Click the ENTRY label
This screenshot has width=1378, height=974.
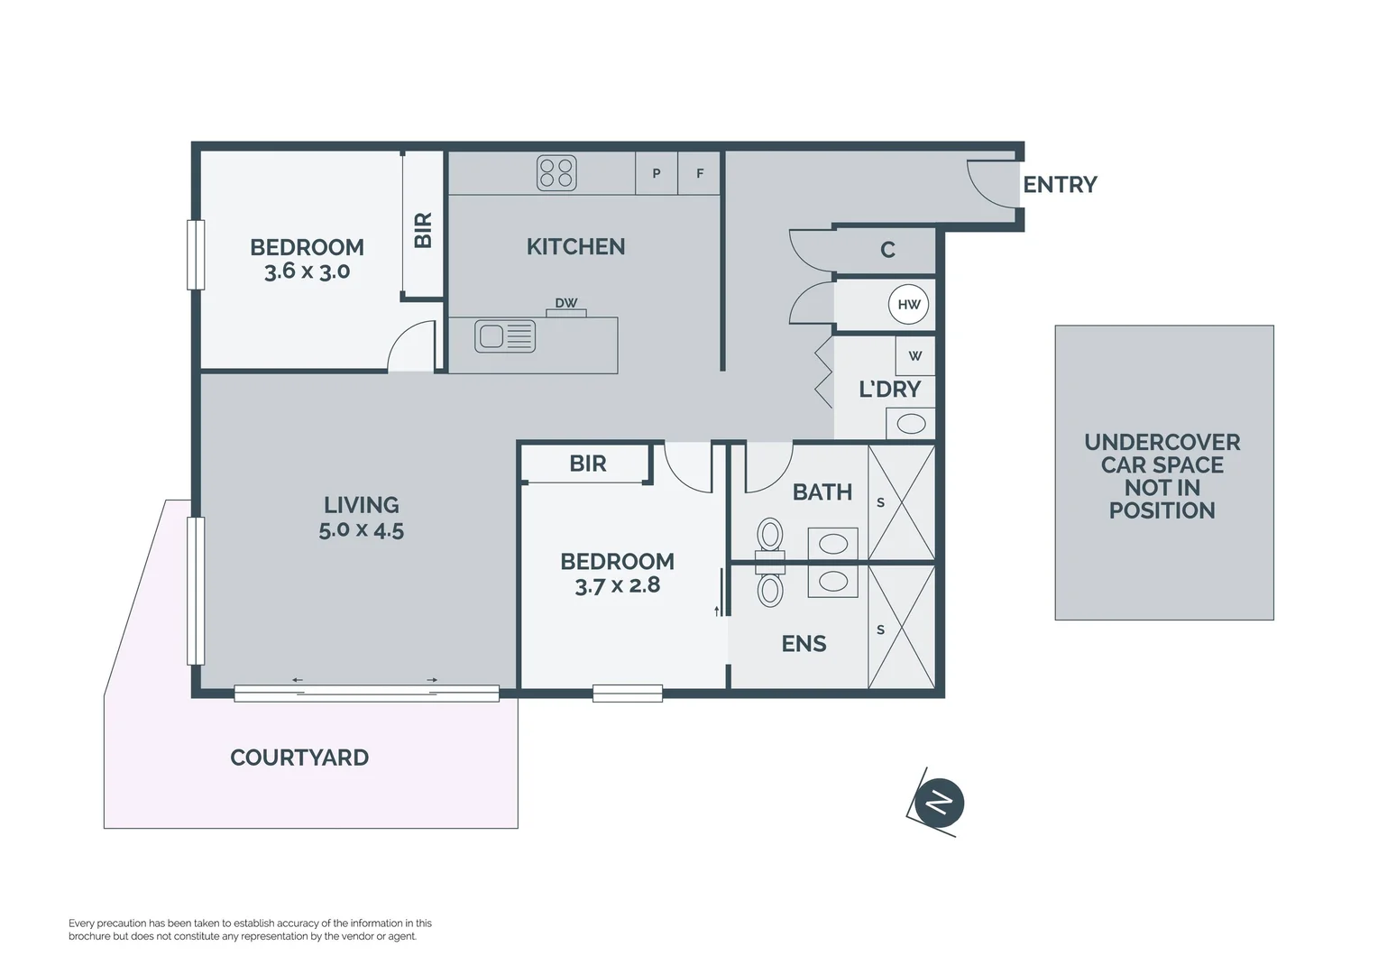pos(1059,185)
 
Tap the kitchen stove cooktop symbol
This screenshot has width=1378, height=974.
pos(556,172)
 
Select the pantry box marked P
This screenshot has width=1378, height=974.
pos(657,173)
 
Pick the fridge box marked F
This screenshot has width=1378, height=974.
pos(700,173)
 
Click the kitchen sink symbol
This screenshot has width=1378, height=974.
pos(505,336)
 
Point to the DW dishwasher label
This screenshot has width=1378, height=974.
pos(565,303)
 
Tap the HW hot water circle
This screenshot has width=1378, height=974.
pos(908,305)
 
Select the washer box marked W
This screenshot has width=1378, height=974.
pos(914,356)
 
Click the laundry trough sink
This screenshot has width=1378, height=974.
pos(911,423)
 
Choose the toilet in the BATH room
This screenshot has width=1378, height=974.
pos(770,536)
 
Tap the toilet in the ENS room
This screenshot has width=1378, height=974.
pos(770,590)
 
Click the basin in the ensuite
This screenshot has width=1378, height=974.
pos(832,582)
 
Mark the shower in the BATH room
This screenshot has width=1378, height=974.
pos(901,502)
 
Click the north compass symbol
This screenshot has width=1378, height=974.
pos(939,802)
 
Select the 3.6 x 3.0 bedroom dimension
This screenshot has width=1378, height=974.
pos(307,271)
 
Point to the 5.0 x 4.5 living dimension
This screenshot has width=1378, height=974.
pos(361,530)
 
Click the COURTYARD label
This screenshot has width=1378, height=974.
pos(299,758)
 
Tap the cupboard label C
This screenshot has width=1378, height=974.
pos(887,250)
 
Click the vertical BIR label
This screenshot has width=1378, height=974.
pos(423,230)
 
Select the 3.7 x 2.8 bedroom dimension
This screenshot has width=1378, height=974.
pos(617,585)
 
